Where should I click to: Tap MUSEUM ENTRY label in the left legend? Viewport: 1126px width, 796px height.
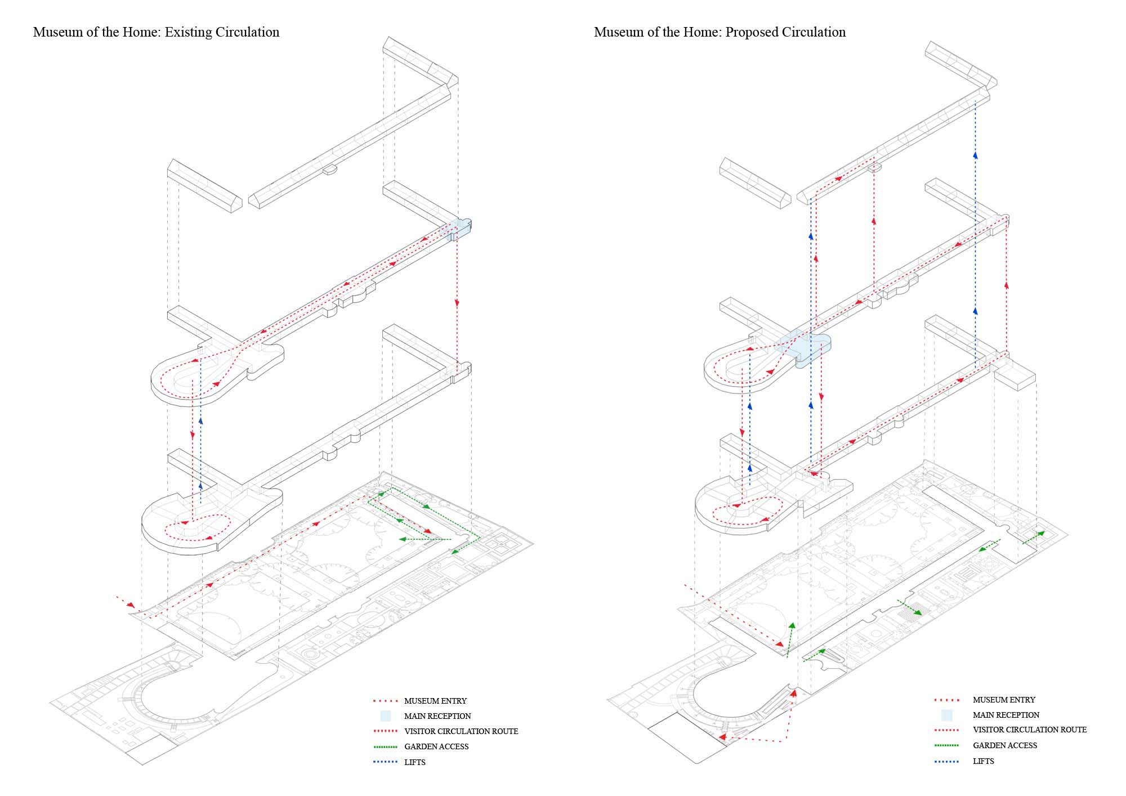point(435,701)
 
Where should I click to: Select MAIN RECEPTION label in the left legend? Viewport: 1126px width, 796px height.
point(437,716)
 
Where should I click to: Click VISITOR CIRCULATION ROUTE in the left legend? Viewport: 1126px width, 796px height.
point(461,731)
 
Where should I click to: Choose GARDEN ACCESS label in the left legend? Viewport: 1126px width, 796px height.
point(436,746)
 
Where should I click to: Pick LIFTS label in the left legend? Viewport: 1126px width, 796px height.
point(415,762)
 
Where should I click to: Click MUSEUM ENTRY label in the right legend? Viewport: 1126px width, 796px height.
point(1004,700)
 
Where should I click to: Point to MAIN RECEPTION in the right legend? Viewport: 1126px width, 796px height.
point(1006,715)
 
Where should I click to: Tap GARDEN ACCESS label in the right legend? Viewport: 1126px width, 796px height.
point(1005,745)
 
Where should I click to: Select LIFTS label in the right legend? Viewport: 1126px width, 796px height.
point(984,761)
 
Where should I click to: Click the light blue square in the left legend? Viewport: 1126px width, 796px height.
point(385,716)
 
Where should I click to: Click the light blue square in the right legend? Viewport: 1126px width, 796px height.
point(946,715)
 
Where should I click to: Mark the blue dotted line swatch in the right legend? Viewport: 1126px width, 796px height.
point(946,761)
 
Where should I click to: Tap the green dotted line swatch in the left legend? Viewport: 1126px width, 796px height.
point(385,747)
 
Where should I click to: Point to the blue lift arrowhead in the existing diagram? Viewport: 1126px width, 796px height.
point(200,419)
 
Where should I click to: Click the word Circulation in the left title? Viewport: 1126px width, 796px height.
point(249,32)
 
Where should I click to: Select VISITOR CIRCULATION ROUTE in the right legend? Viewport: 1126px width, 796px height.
point(1030,730)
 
